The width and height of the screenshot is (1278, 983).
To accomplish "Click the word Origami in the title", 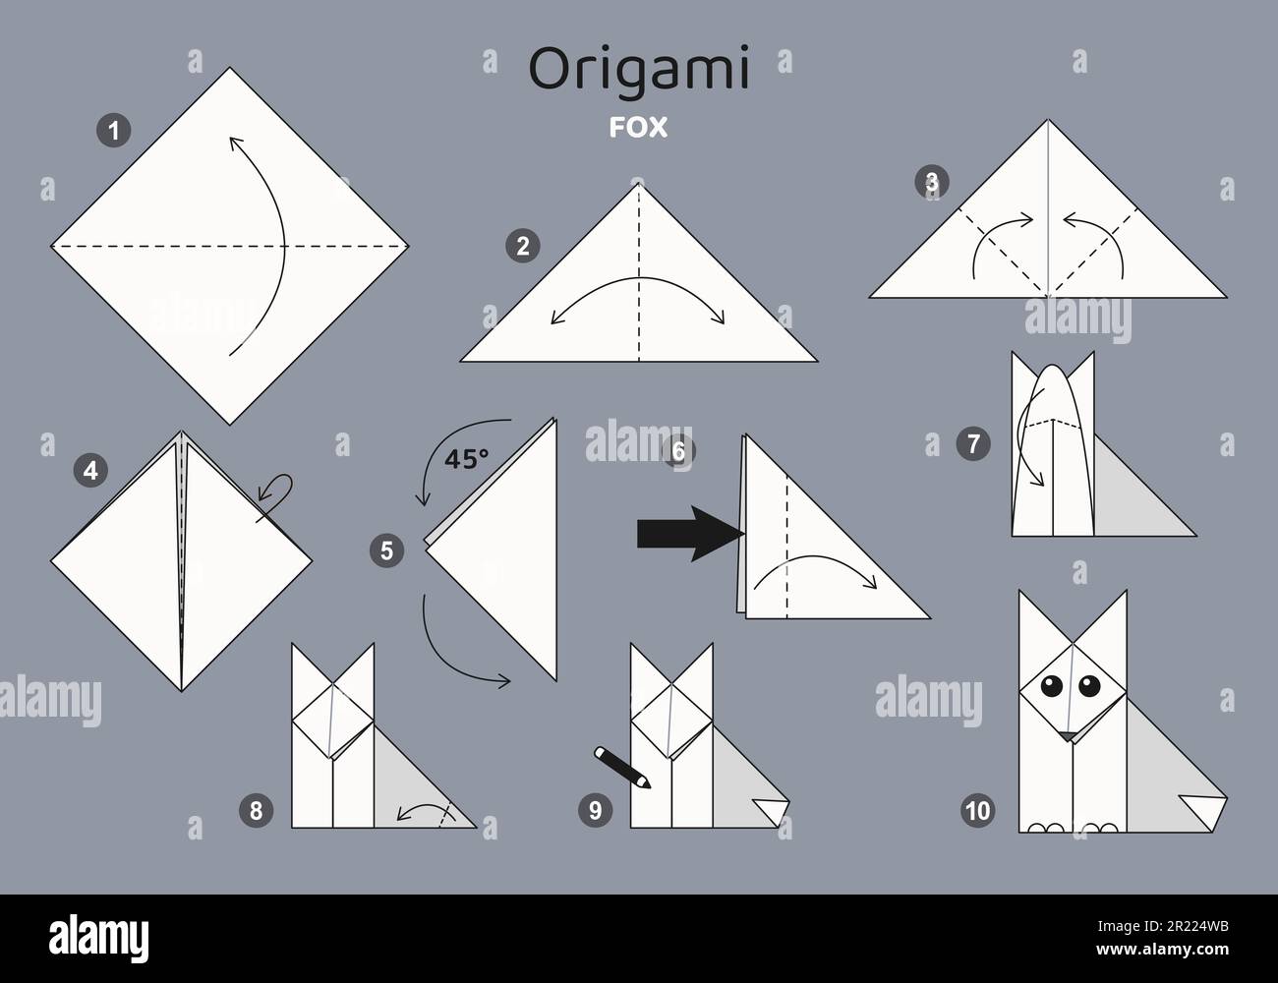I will pyautogui.click(x=639, y=70).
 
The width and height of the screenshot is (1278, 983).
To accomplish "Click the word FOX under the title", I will pyautogui.click(x=639, y=127).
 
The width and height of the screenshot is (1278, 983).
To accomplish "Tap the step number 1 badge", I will pyautogui.click(x=115, y=131).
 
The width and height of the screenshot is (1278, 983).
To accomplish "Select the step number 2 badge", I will pyautogui.click(x=522, y=247).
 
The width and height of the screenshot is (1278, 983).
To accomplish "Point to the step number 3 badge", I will pyautogui.click(x=931, y=181).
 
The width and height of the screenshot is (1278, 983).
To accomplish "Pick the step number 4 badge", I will pyautogui.click(x=90, y=471).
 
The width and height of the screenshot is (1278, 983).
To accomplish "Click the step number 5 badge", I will pyautogui.click(x=385, y=550).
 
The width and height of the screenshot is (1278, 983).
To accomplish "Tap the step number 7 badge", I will pyautogui.click(x=972, y=444).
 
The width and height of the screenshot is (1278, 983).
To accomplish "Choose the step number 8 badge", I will pyautogui.click(x=256, y=810).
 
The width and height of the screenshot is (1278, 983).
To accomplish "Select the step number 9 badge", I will pyautogui.click(x=595, y=810).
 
